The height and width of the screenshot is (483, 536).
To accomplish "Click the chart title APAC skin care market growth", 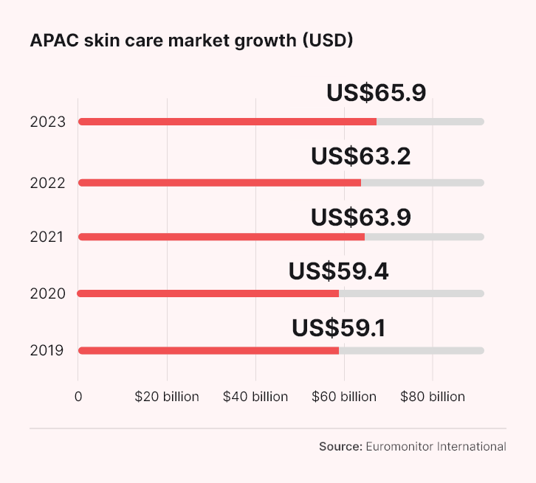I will (191, 41).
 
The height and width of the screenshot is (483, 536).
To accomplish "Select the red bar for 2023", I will (227, 122).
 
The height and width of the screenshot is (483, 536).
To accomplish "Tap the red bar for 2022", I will (219, 183).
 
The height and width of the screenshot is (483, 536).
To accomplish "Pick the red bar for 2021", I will (221, 237).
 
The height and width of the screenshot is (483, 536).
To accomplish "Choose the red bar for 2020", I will (208, 293).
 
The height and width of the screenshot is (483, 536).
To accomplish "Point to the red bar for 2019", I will (208, 350).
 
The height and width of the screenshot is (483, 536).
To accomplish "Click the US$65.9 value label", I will (377, 93).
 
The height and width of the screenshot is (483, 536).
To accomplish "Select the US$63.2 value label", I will (361, 156).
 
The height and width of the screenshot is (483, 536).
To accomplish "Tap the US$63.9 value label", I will (361, 217).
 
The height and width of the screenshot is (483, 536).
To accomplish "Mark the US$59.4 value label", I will (339, 271).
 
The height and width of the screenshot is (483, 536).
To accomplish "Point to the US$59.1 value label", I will (339, 327).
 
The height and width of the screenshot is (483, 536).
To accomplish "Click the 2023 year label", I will (48, 122).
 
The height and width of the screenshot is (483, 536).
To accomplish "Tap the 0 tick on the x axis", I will (78, 397).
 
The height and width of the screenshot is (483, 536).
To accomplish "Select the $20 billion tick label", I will (167, 397).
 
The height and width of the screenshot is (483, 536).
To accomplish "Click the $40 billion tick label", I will (255, 397).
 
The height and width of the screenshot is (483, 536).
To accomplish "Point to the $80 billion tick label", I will (433, 397).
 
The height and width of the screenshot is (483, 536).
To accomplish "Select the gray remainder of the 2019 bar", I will (411, 350).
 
